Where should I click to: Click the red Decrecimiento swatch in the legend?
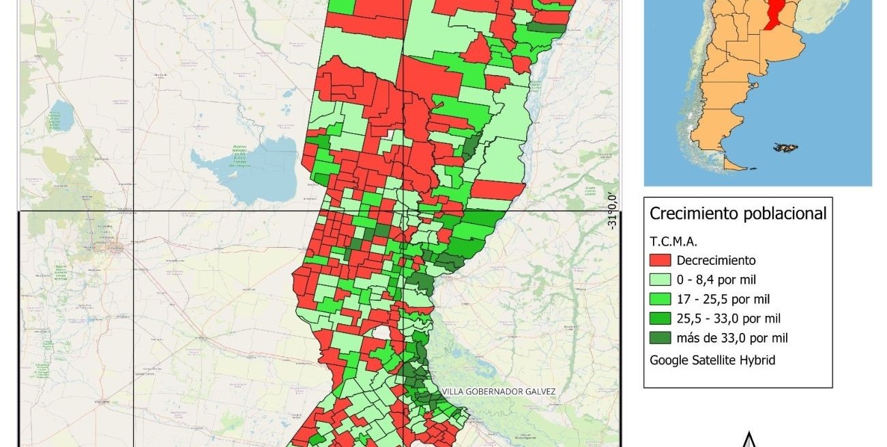[x=660, y=260]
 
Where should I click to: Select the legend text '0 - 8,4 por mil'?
[x=716, y=280]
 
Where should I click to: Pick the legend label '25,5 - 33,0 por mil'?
[x=729, y=319]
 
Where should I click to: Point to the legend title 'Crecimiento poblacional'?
[x=738, y=214]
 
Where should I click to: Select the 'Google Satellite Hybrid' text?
[x=712, y=360]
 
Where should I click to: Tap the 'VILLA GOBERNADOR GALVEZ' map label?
[x=499, y=392]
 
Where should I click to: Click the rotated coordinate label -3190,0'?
[x=612, y=211]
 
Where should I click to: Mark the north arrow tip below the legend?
[x=749, y=435]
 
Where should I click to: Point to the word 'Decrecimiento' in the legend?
[x=716, y=260]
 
